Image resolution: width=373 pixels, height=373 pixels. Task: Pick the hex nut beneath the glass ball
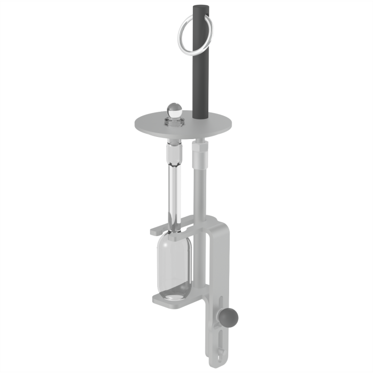(174, 122)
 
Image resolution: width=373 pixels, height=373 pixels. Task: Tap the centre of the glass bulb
(174, 261)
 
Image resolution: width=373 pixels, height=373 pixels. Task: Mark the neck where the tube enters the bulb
(175, 233)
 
